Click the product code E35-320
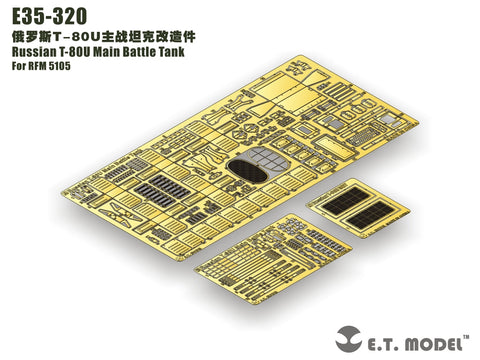47,14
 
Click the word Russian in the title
34,52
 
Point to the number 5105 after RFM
73,68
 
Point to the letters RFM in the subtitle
43,68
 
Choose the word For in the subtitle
18,68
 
